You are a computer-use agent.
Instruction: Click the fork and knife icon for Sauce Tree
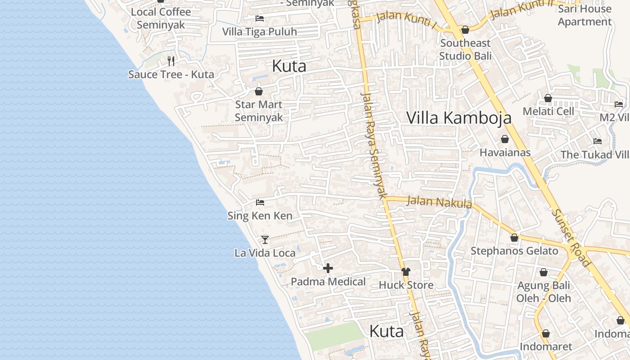171,61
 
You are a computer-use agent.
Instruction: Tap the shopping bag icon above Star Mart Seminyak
259,91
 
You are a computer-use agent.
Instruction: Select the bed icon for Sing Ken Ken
260,202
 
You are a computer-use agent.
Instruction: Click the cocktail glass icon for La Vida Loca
265,239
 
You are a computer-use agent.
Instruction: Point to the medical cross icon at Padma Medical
328,268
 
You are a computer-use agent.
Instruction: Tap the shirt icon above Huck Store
406,271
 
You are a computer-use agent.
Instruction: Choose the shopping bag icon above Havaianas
505,139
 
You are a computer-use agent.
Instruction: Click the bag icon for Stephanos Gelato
514,237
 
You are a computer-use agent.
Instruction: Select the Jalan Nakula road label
439,202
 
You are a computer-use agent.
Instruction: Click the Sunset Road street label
570,238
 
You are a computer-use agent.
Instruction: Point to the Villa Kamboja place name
459,117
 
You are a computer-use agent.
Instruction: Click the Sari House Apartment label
585,15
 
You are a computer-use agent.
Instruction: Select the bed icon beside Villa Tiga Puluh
260,18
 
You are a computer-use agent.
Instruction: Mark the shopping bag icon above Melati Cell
548,98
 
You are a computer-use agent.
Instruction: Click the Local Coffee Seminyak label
161,18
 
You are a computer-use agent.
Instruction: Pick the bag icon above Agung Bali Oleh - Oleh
543,272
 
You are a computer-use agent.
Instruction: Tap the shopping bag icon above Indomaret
545,333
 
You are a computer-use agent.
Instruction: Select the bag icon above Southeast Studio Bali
465,30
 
